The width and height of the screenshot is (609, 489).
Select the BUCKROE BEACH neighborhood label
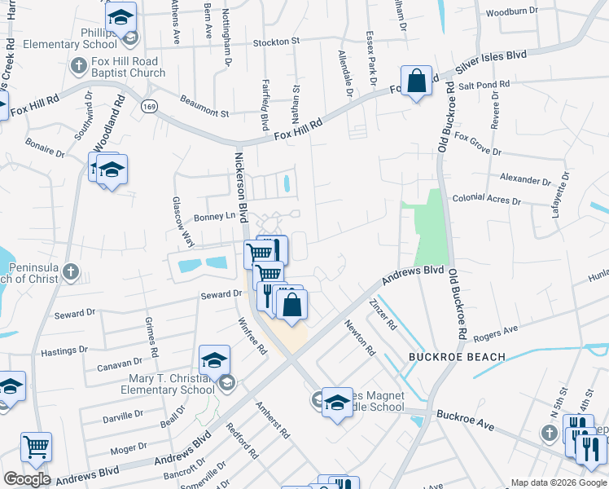coord(458,357)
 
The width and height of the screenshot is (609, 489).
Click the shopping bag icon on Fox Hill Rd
coord(416,81)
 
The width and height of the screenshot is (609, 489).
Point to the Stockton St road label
coord(277,41)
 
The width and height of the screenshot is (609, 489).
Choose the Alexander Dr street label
coord(525,178)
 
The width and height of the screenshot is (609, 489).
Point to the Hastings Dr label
coord(64,350)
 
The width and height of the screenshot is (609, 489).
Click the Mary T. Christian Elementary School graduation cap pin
coord(214,359)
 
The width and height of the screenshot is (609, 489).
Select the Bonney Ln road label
coord(208,217)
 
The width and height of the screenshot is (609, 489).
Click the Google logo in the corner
coord(27,479)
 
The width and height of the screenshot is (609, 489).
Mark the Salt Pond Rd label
coord(484,84)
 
